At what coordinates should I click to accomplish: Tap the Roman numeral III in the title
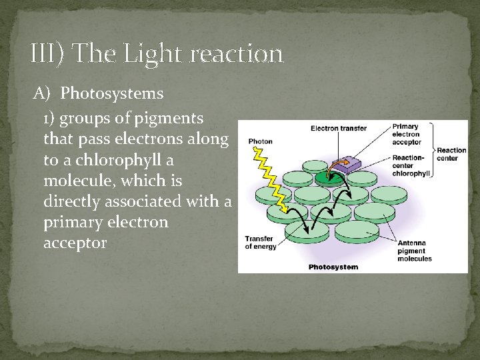pyautogui.click(x=47, y=53)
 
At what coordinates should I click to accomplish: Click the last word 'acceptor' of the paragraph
pyautogui.click(x=75, y=243)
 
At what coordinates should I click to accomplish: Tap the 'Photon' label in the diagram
pyautogui.click(x=260, y=141)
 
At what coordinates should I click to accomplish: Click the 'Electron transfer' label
pyautogui.click(x=339, y=129)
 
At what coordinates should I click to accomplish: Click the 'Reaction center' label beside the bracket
pyautogui.click(x=451, y=155)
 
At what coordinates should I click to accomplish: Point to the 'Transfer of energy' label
pyautogui.click(x=260, y=242)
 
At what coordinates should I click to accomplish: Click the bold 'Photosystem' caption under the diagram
pyautogui.click(x=333, y=267)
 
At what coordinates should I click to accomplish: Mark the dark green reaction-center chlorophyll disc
pyautogui.click(x=328, y=177)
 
